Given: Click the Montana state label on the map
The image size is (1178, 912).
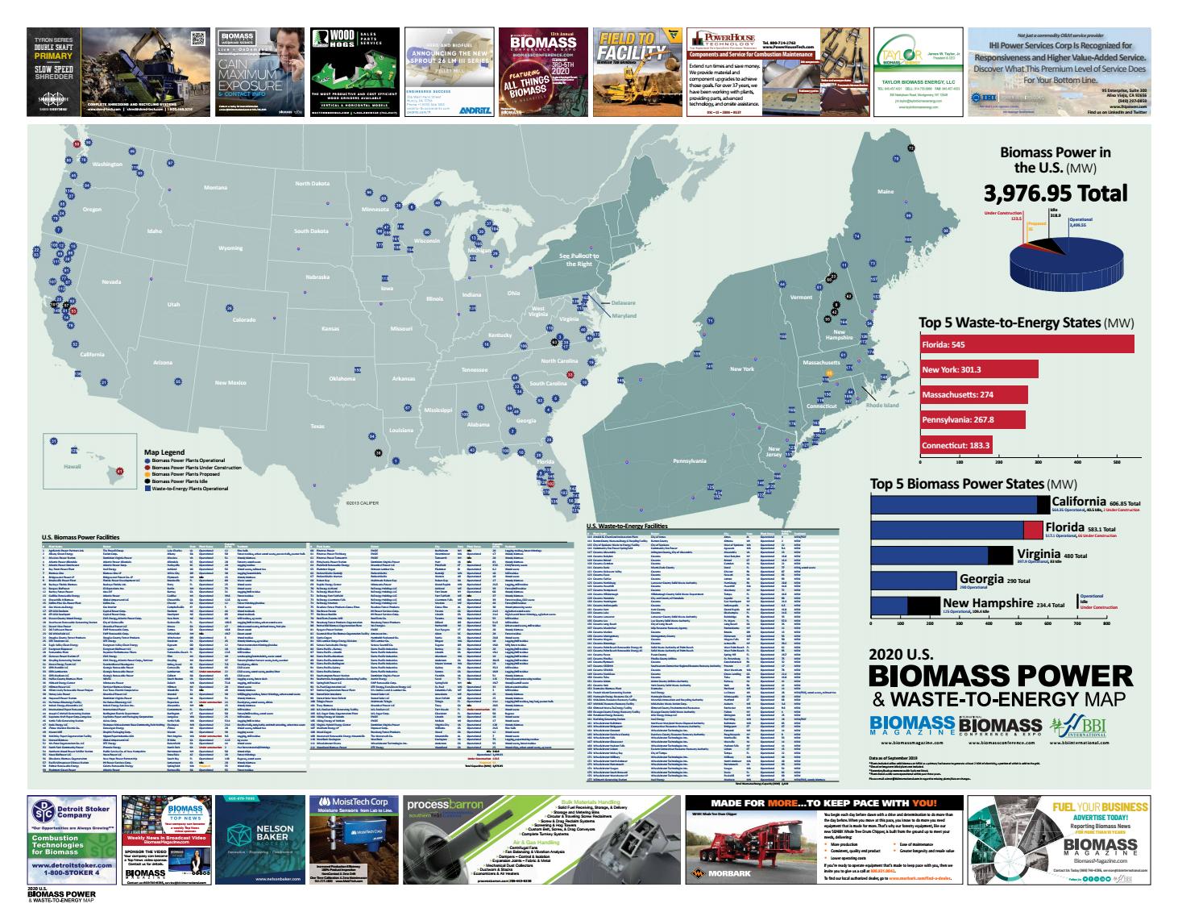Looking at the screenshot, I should click(215, 188).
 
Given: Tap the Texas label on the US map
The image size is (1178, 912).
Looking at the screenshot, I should click(317, 427).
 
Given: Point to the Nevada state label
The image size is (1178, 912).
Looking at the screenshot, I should click(110, 281).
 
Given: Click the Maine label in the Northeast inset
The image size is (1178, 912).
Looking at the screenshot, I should click(885, 191).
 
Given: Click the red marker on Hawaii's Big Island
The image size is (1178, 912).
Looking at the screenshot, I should click(119, 470).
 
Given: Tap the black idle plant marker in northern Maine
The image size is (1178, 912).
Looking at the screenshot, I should click(911, 148).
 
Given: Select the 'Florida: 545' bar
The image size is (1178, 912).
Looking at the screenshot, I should click(1027, 344).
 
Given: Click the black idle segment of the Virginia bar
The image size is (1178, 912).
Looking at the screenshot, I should click(1000, 556).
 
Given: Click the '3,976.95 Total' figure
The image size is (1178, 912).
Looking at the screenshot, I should click(1055, 194).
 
